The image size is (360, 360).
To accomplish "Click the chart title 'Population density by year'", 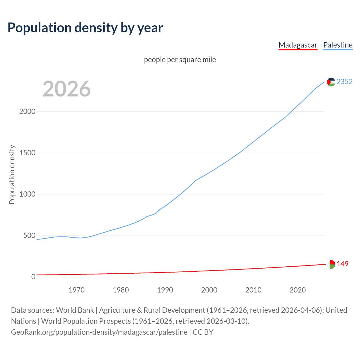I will tap(85, 28).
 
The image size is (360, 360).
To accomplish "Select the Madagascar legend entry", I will tap(298, 45).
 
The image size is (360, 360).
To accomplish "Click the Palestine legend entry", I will tap(338, 45).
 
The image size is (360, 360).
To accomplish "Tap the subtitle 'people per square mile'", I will tap(180, 60).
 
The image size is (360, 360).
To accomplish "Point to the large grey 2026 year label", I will tap(67, 89).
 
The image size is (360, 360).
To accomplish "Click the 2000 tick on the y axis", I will tap(27, 111).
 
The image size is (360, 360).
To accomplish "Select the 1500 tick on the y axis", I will tap(27, 153).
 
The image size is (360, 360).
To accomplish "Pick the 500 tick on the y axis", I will tap(29, 235).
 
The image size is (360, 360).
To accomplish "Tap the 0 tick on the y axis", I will tap(33, 277).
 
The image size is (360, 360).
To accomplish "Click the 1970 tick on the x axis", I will tap(77, 290).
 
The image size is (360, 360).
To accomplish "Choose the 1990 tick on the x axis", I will tap(165, 290).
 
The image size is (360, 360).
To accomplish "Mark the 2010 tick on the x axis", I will tap(253, 290).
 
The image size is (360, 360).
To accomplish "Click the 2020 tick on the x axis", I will tap(298, 290).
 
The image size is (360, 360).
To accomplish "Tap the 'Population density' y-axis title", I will tap(12, 174).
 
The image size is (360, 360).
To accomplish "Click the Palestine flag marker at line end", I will tap(331, 82).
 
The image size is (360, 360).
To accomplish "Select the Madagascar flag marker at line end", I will tap(331, 264).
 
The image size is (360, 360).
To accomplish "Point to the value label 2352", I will tap(345, 82).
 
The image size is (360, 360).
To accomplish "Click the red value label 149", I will tap(343, 264).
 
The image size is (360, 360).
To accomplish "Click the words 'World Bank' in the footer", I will tap(75, 310).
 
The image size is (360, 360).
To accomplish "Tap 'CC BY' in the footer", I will tap(203, 332).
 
